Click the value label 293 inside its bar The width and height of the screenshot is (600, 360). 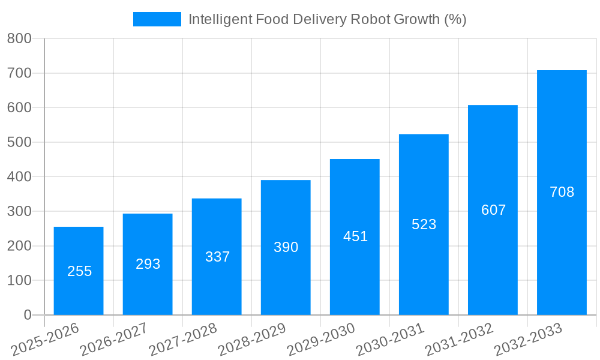pos(148,264)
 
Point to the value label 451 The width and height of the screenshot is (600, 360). pos(355,236)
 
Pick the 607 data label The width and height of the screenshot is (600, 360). pos(493,210)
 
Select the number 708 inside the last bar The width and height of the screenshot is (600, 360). pos(562,192)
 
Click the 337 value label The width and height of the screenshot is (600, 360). pos(217,257)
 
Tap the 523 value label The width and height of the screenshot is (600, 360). pos(424,224)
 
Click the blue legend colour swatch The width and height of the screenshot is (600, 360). pos(157,19)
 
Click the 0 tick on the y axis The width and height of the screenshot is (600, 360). pos(27,315)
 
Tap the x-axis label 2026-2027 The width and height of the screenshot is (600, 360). pos(113,340)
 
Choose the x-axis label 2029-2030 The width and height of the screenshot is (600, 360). pos(320,340)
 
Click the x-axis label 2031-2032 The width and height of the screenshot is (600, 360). pos(459,340)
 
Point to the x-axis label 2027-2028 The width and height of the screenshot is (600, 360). pos(182,340)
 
